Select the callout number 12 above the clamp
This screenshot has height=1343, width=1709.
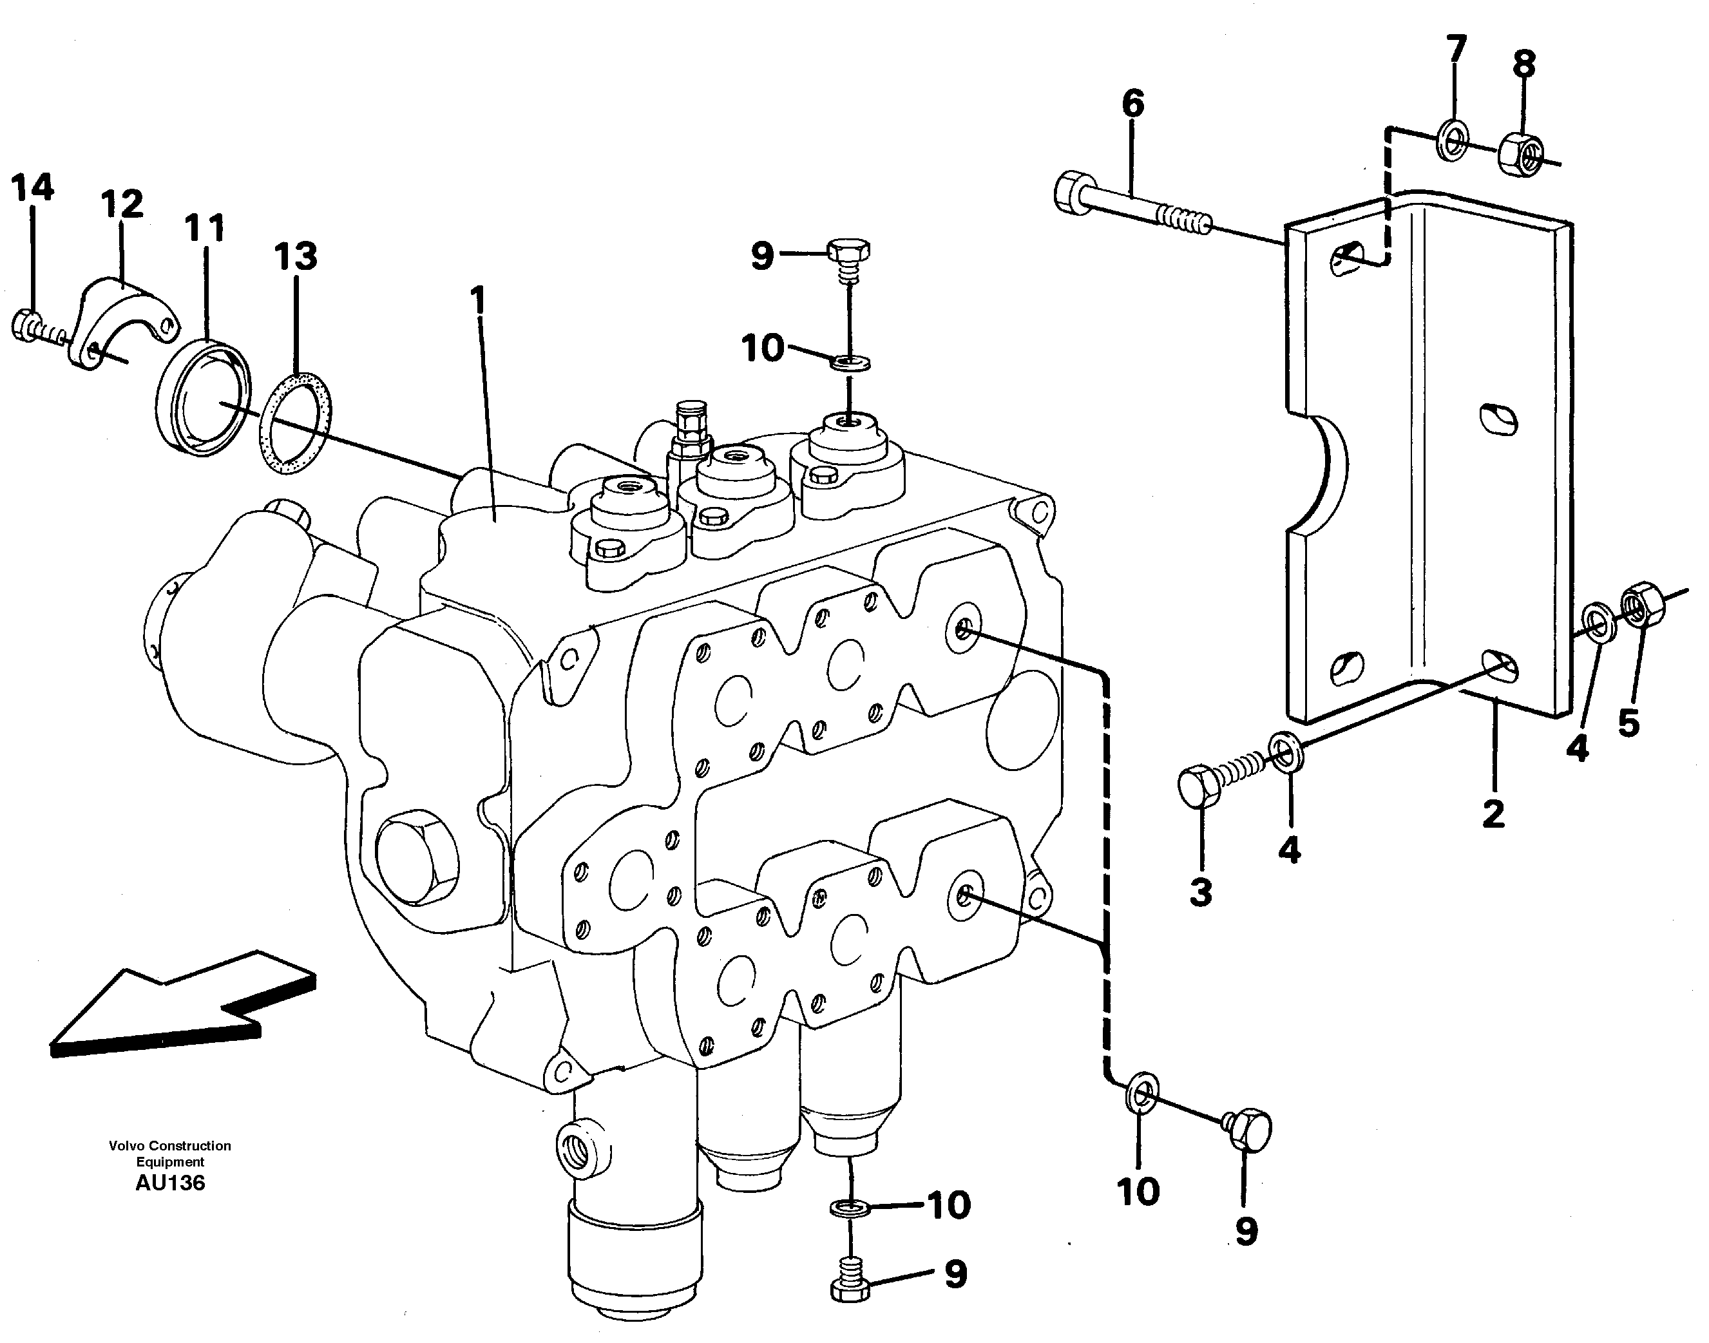[122, 204]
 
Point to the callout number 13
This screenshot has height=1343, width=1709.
[296, 256]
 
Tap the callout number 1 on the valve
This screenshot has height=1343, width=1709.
[477, 302]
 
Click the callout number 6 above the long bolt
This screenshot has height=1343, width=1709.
[1132, 104]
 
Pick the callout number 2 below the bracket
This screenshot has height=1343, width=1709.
[1493, 814]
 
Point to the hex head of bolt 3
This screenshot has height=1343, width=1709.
[1200, 785]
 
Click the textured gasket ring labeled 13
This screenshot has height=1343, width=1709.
[295, 424]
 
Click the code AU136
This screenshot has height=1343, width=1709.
[170, 1183]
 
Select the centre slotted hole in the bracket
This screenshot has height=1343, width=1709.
[1498, 417]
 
